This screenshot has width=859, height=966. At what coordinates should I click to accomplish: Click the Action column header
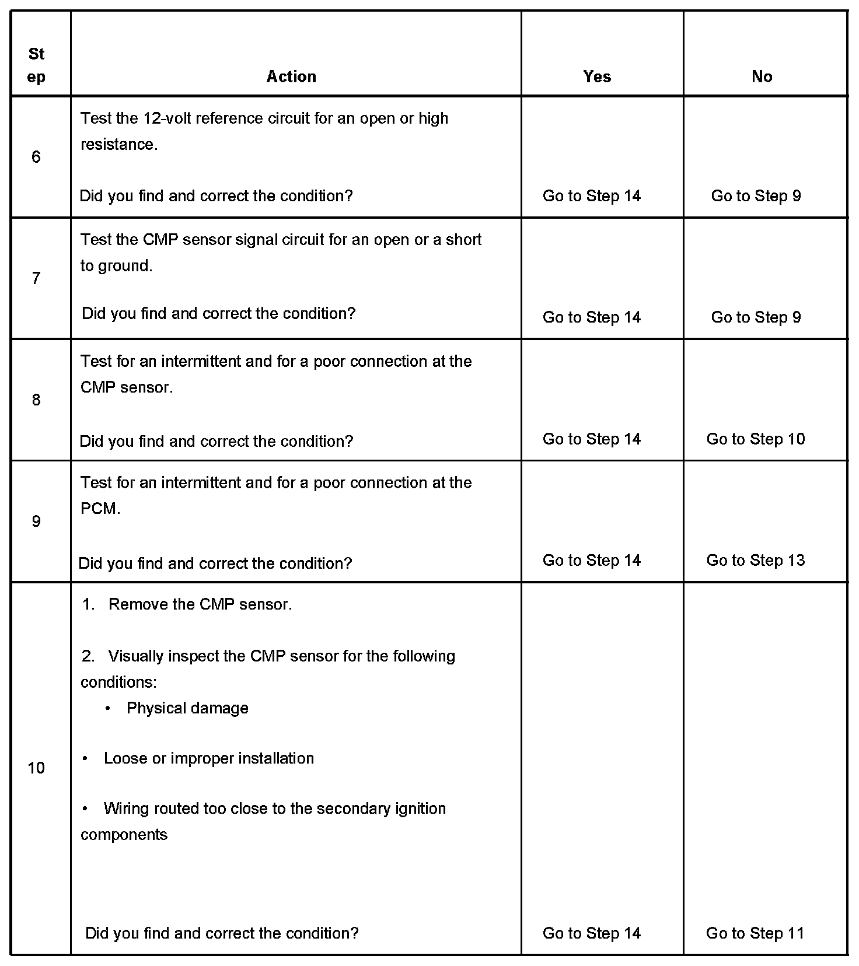pyautogui.click(x=291, y=76)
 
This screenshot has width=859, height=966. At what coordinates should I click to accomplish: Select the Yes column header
pyautogui.click(x=597, y=76)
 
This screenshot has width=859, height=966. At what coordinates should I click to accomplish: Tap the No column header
pyautogui.click(x=762, y=76)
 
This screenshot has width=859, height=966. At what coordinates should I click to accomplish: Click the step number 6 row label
pyautogui.click(x=36, y=157)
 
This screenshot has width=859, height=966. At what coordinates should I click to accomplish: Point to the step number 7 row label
pyautogui.click(x=36, y=278)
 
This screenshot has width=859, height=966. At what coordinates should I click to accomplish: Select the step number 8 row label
pyautogui.click(x=36, y=400)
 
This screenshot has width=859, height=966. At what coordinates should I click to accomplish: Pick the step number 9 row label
pyautogui.click(x=36, y=521)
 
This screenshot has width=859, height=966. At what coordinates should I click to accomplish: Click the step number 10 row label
pyautogui.click(x=36, y=768)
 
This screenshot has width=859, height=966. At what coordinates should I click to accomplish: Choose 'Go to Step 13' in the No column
pyautogui.click(x=756, y=560)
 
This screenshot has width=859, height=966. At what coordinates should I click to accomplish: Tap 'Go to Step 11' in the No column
pyautogui.click(x=755, y=933)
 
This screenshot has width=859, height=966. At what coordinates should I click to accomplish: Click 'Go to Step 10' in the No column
pyautogui.click(x=756, y=439)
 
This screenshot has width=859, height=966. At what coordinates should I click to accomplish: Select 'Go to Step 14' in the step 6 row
pyautogui.click(x=592, y=196)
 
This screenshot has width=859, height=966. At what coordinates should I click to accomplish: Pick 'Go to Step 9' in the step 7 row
pyautogui.click(x=756, y=317)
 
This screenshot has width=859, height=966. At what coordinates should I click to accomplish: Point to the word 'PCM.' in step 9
pyautogui.click(x=100, y=509)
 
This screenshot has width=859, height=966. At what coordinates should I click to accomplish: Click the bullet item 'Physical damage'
pyautogui.click(x=187, y=708)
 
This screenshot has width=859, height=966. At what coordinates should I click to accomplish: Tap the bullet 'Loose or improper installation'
pyautogui.click(x=208, y=758)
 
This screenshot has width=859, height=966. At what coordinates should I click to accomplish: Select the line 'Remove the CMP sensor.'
pyautogui.click(x=200, y=604)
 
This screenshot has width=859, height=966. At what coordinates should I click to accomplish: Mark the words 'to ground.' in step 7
pyautogui.click(x=116, y=266)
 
